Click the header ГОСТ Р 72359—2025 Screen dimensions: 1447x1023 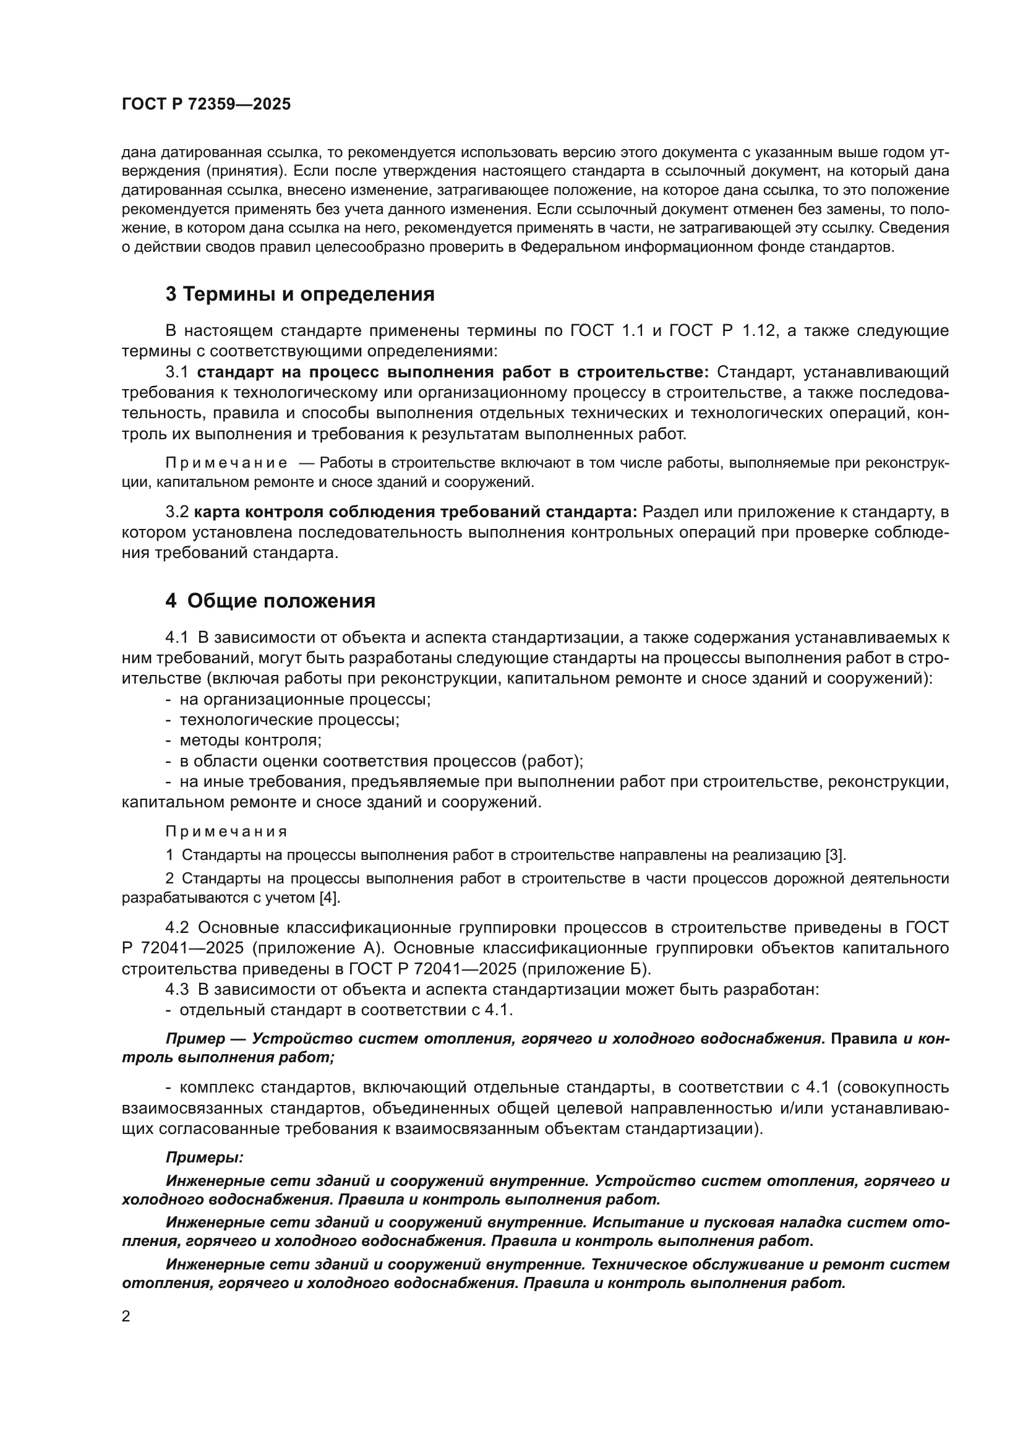click(x=206, y=105)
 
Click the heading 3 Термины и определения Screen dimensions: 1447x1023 click(x=300, y=294)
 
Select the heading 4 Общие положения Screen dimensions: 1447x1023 click(x=270, y=601)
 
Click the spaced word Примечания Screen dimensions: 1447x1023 click(x=226, y=831)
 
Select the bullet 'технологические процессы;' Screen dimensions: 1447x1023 click(x=289, y=719)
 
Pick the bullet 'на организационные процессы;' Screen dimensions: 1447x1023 click(x=305, y=699)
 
